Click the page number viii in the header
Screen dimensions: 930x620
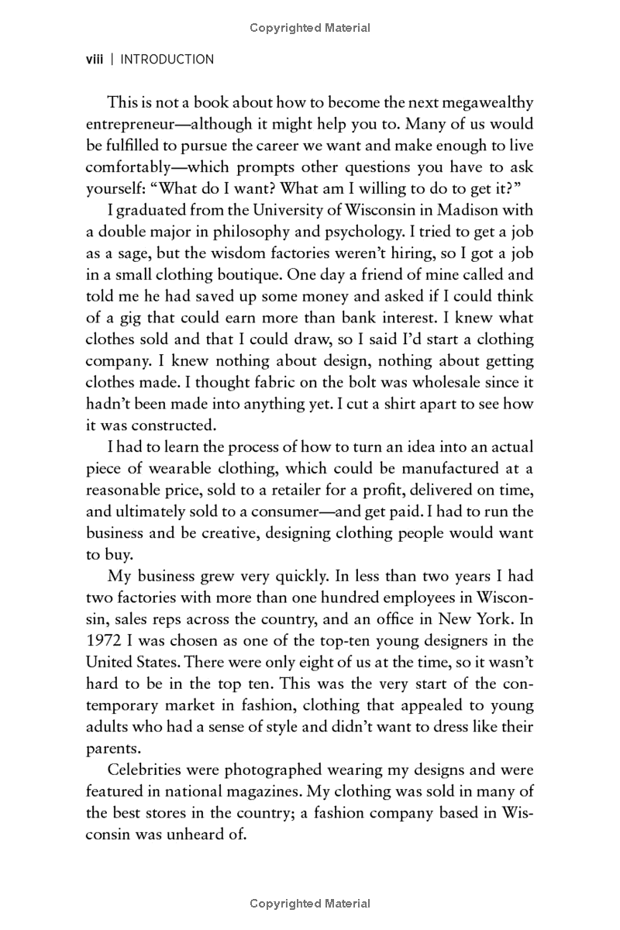[95, 59]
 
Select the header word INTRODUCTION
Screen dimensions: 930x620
[167, 59]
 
